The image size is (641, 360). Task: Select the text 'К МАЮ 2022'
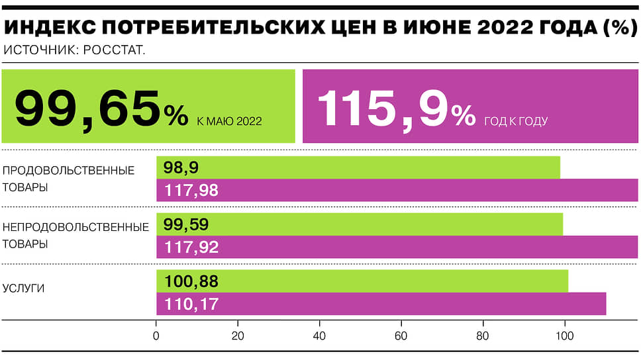point(229,121)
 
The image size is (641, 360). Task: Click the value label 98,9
point(179,168)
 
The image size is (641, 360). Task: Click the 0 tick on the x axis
point(156,336)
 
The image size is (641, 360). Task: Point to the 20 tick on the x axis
point(238,336)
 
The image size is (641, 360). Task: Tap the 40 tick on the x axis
point(320,336)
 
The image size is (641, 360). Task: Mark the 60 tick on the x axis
point(401,336)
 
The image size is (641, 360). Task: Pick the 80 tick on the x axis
point(483,336)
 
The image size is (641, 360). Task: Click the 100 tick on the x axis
point(565,336)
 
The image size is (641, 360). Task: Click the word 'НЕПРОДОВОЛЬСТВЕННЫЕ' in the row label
point(75,227)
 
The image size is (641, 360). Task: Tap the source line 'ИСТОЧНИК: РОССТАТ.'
point(74,50)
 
